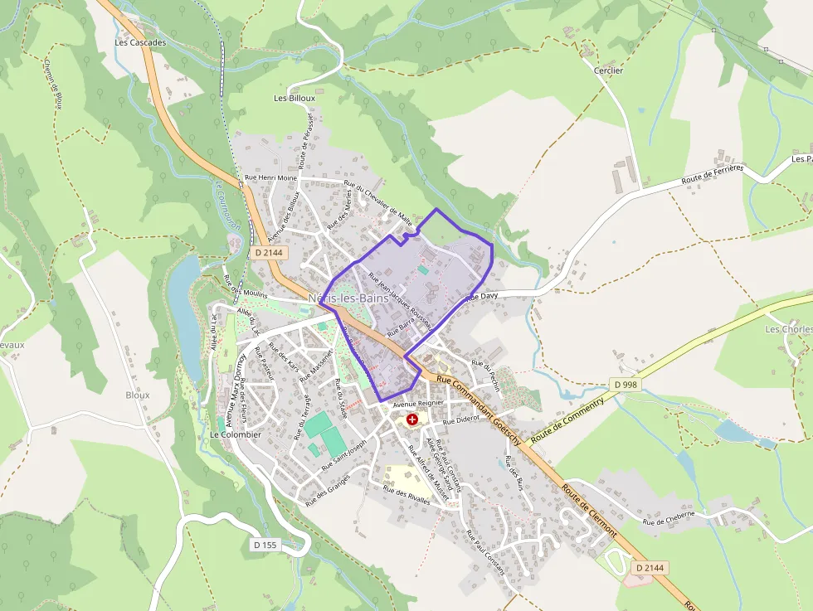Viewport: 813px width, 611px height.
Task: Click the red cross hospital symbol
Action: point(412,420)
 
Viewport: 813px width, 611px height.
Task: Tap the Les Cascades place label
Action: point(141,42)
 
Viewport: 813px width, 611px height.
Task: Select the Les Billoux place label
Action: point(295,98)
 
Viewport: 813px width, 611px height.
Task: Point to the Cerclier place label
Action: point(608,71)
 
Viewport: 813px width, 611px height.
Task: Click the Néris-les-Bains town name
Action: point(342,298)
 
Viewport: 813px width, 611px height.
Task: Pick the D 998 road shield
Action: point(626,385)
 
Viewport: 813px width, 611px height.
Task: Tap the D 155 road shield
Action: point(265,545)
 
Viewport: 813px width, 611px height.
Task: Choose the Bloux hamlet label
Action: point(138,395)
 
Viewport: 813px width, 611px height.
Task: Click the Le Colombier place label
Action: point(236,434)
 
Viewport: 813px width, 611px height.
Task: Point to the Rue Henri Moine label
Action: point(270,178)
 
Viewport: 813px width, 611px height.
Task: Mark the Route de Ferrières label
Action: point(713,174)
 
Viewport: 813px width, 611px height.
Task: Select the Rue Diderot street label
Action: point(461,421)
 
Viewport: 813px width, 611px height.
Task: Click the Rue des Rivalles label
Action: point(406,495)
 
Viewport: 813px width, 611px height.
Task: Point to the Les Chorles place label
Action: point(788,329)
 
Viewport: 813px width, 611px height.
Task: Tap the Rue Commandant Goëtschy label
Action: point(479,401)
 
